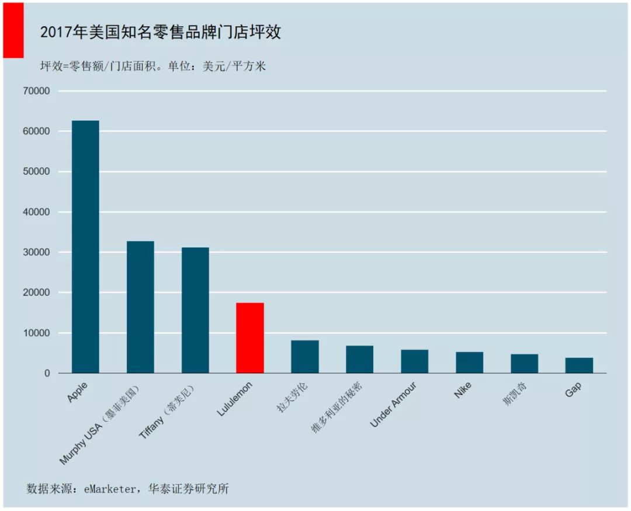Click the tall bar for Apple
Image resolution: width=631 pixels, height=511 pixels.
[85, 246]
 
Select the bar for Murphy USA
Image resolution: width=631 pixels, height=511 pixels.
[140, 307]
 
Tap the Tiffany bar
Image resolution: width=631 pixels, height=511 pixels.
[195, 310]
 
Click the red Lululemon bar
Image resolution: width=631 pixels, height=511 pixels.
[250, 338]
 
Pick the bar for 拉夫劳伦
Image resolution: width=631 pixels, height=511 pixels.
[305, 357]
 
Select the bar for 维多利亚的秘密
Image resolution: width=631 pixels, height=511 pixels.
[359, 359]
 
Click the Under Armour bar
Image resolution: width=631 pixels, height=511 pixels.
[414, 361]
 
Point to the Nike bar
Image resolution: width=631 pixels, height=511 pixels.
[469, 363]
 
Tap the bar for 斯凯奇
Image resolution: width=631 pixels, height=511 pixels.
[524, 364]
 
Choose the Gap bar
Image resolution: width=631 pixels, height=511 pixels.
[579, 366]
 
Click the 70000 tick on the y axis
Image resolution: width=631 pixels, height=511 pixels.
[37, 91]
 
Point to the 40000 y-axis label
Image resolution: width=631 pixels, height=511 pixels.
[37, 212]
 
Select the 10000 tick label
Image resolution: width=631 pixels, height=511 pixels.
[37, 333]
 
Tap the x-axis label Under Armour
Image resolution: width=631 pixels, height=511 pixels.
[394, 405]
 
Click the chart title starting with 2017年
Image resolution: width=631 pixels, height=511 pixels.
[160, 32]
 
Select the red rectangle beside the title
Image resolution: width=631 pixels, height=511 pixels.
[13, 30]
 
